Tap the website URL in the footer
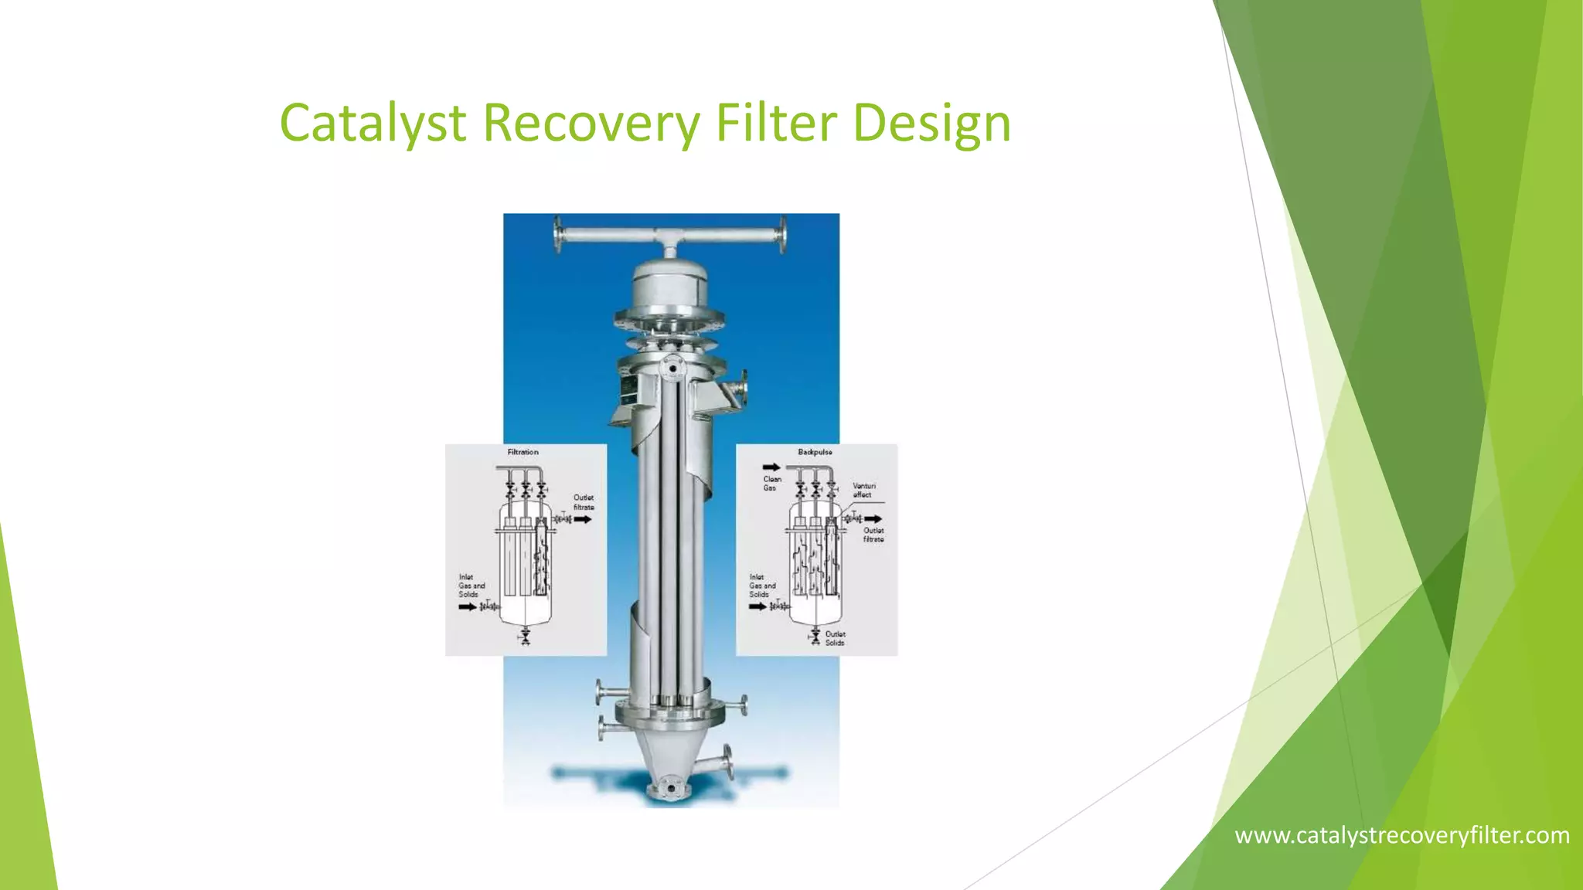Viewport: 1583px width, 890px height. tap(1401, 835)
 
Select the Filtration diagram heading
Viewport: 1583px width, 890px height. tap(523, 452)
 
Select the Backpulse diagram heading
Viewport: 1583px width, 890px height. tap(815, 452)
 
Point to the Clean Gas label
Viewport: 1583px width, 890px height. tap(772, 484)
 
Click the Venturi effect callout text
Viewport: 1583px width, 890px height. tap(863, 490)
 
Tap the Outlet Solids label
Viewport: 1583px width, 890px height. tap(835, 638)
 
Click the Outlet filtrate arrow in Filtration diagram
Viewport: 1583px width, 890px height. tap(583, 519)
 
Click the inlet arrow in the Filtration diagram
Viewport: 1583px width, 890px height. tap(468, 607)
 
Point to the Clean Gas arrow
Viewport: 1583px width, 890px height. tap(771, 467)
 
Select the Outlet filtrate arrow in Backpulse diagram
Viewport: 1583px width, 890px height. tap(873, 518)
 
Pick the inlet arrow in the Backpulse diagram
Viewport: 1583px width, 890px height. tap(757, 606)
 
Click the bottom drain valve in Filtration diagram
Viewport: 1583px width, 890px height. tap(525, 637)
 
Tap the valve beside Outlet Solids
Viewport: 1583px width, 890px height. tap(815, 637)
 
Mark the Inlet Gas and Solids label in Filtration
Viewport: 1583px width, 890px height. tap(471, 586)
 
